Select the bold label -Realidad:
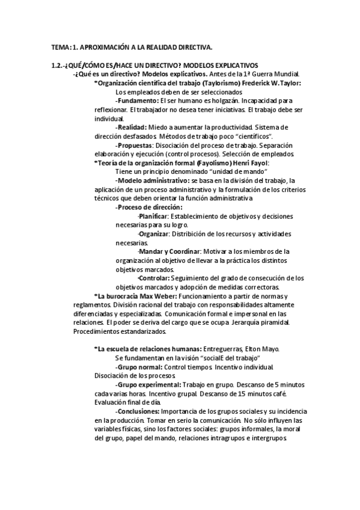[132, 127]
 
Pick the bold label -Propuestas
[135, 146]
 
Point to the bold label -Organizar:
[153, 234]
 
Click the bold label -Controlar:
[153, 278]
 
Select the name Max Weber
[157, 296]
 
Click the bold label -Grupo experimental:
[148, 385]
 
